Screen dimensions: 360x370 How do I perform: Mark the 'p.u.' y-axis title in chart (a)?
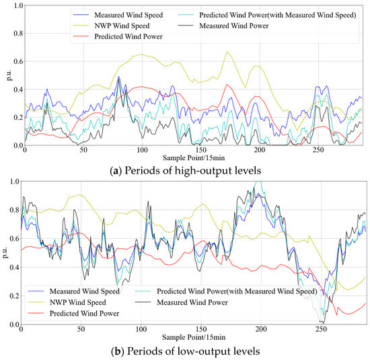[x=5, y=75]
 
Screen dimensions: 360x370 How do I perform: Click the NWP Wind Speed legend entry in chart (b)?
[x=77, y=303]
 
